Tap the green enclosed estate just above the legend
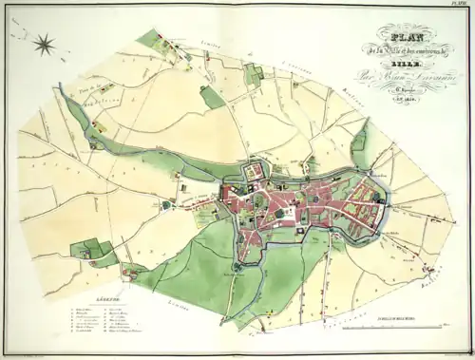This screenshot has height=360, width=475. [x=90, y=250]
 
